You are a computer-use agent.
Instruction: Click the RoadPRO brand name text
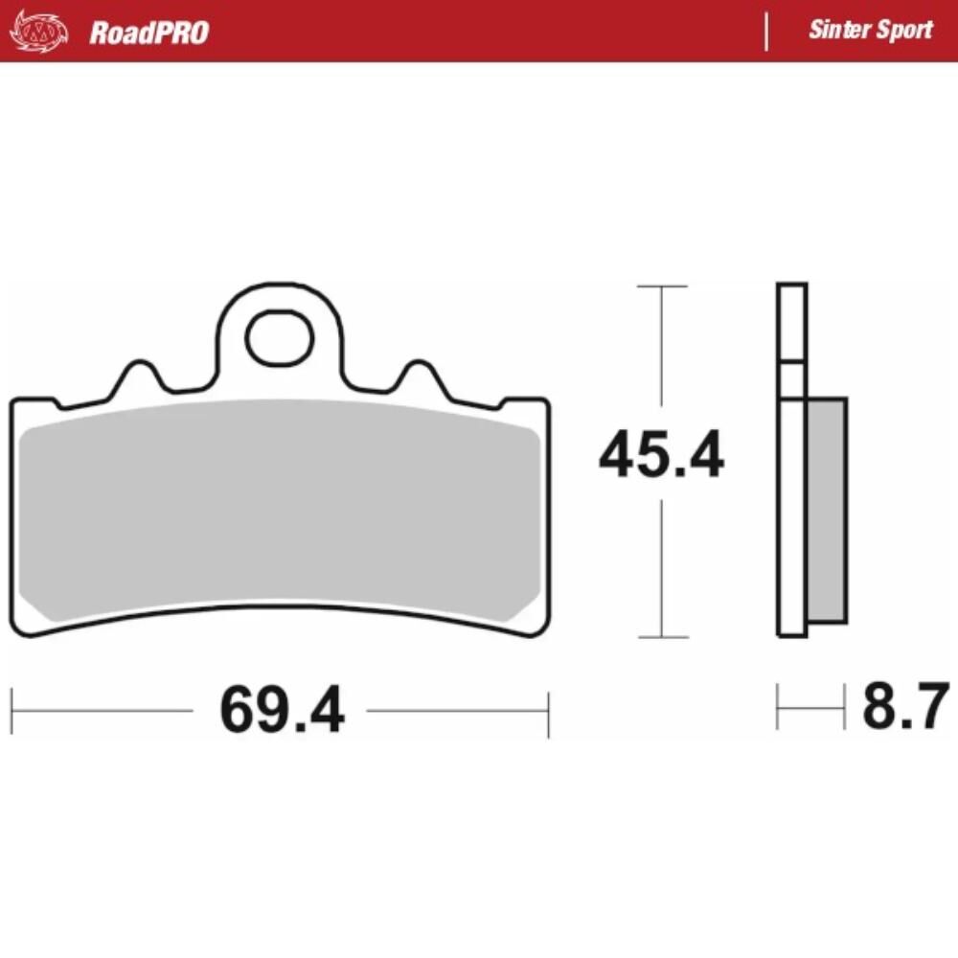pyautogui.click(x=148, y=33)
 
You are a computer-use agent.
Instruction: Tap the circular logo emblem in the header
pyautogui.click(x=39, y=32)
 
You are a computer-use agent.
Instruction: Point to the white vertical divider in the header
pyautogui.click(x=766, y=31)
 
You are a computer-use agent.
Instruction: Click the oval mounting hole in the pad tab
pyautogui.click(x=279, y=338)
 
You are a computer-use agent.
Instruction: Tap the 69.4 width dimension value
pyautogui.click(x=281, y=711)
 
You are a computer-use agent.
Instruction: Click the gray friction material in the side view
pyautogui.click(x=827, y=510)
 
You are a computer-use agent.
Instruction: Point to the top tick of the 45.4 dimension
pyautogui.click(x=661, y=286)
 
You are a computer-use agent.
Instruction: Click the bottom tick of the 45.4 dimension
pyautogui.click(x=661, y=637)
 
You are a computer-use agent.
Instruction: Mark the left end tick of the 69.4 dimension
pyautogui.click(x=11, y=711)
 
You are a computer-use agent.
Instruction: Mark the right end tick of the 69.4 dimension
pyautogui.click(x=548, y=711)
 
